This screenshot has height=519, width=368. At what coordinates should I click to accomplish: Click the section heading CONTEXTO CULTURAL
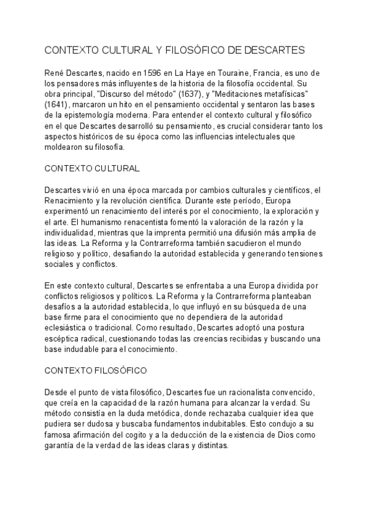[x=93, y=167]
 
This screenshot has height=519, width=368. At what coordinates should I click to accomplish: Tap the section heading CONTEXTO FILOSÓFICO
[x=96, y=370]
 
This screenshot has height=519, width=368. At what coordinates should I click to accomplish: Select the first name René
[x=57, y=73]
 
